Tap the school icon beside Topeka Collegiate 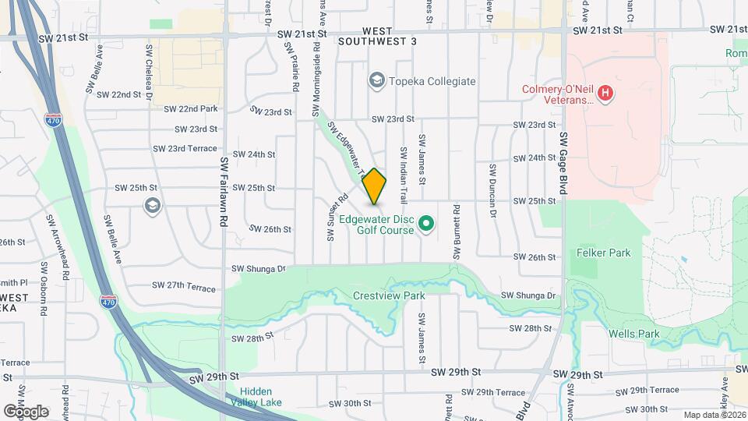[x=376, y=81]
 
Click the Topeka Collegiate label [x=432, y=81]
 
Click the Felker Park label [x=604, y=253]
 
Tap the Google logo [x=26, y=411]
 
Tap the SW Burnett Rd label [x=457, y=232]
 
